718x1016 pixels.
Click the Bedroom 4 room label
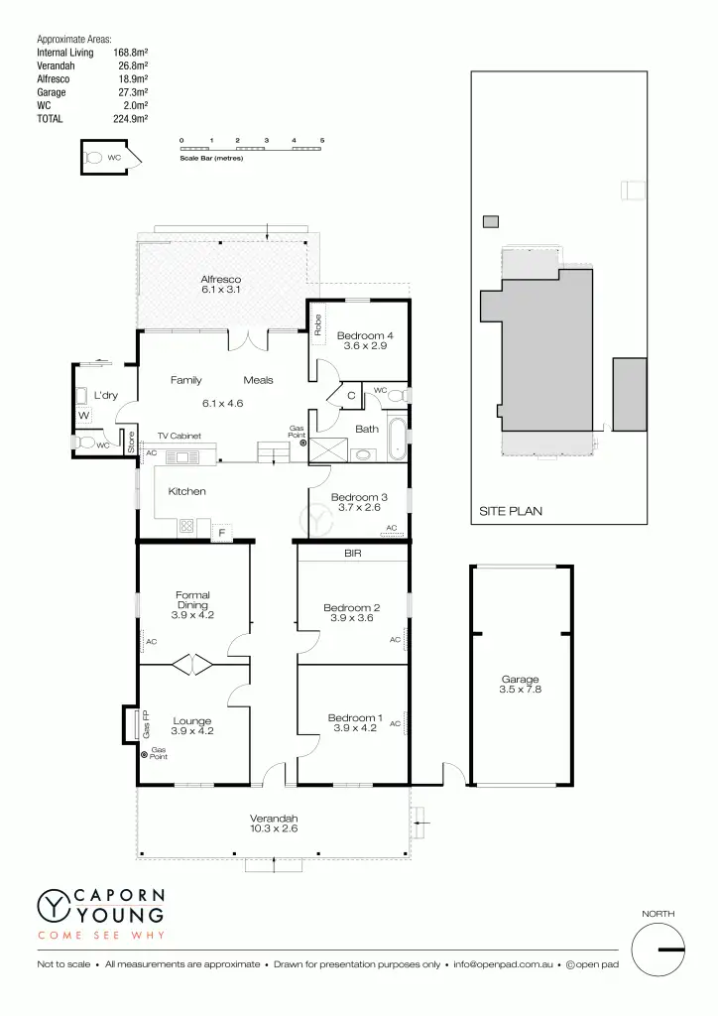[x=365, y=335]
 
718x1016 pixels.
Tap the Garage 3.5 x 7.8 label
[x=520, y=685]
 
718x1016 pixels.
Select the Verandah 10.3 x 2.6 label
[x=273, y=823]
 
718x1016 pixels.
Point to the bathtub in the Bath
[x=398, y=439]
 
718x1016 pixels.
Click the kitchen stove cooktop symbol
[x=185, y=527]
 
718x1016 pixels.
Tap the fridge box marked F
[x=221, y=533]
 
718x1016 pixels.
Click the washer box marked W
[x=83, y=415]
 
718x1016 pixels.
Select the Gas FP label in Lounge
[x=146, y=725]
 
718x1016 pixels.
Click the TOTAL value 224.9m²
[x=131, y=118]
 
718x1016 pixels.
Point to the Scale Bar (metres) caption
[x=210, y=158]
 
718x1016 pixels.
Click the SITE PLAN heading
[x=510, y=512]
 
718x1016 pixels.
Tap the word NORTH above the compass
[x=659, y=913]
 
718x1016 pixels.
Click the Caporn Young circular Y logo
[x=51, y=905]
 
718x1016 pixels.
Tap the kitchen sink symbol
[x=182, y=456]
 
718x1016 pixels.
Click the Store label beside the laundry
[x=130, y=443]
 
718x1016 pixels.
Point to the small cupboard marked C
[x=352, y=396]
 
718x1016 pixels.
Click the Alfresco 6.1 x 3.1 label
[x=221, y=285]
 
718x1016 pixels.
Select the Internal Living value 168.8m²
[x=131, y=52]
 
